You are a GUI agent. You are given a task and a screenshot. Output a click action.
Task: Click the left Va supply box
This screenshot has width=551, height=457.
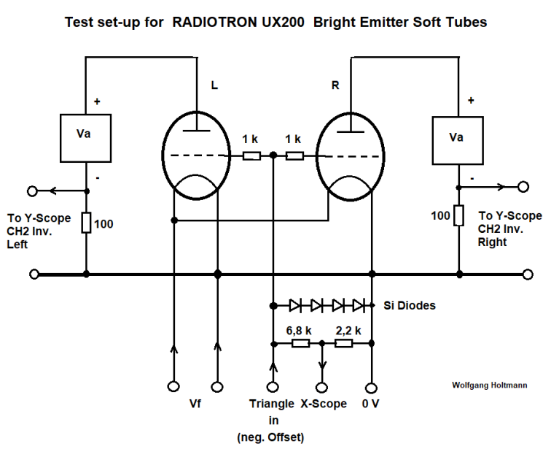(x=86, y=137)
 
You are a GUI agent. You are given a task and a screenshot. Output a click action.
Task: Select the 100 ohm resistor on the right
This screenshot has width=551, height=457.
(x=459, y=215)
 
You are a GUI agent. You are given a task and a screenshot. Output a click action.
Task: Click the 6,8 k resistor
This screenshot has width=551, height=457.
(x=299, y=343)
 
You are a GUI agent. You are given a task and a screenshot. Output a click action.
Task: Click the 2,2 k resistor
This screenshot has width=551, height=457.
(x=343, y=343)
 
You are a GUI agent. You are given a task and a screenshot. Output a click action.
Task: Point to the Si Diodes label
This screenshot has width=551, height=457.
(x=410, y=305)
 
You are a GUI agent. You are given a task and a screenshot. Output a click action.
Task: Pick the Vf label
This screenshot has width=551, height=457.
(x=195, y=404)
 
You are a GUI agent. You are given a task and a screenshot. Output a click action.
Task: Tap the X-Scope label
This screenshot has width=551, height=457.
(x=324, y=404)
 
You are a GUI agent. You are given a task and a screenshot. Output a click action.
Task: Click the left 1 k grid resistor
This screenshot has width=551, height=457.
(x=251, y=155)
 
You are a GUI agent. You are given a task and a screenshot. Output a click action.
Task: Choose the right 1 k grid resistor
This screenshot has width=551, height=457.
(x=294, y=155)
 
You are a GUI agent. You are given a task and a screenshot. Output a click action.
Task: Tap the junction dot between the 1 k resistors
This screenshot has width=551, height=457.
(x=273, y=155)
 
